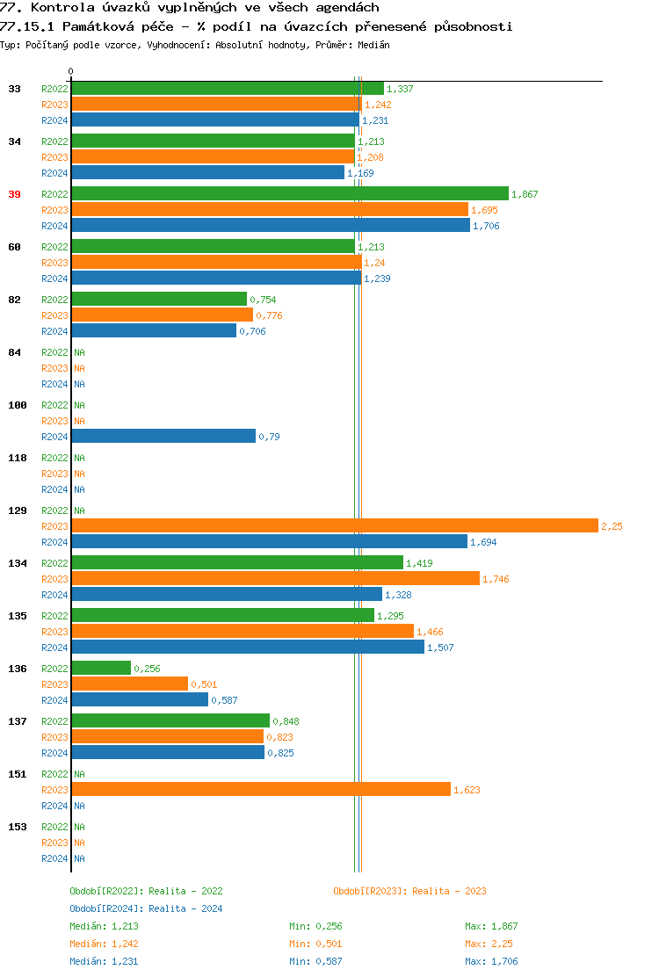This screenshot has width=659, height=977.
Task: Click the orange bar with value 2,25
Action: click(334, 526)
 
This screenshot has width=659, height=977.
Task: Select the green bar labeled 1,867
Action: click(290, 194)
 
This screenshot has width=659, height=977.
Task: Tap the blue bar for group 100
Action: click(163, 437)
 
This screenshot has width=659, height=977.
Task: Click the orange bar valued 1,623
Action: click(261, 790)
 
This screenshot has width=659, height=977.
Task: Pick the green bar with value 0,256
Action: click(101, 669)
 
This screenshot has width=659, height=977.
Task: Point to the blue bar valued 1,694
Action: click(269, 542)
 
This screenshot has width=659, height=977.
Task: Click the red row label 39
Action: click(14, 194)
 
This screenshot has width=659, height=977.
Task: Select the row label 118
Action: click(18, 458)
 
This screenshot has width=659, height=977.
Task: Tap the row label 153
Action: click(18, 827)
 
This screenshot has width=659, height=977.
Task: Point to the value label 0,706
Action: click(252, 331)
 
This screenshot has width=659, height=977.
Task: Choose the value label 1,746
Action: click(496, 579)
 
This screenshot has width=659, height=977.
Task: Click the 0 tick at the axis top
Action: click(71, 72)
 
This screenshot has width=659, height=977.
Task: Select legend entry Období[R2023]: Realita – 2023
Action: click(409, 891)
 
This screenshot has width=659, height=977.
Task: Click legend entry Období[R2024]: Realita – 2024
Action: click(146, 908)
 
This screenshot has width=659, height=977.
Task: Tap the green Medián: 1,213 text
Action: click(104, 926)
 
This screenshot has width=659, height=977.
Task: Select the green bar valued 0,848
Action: click(170, 721)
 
